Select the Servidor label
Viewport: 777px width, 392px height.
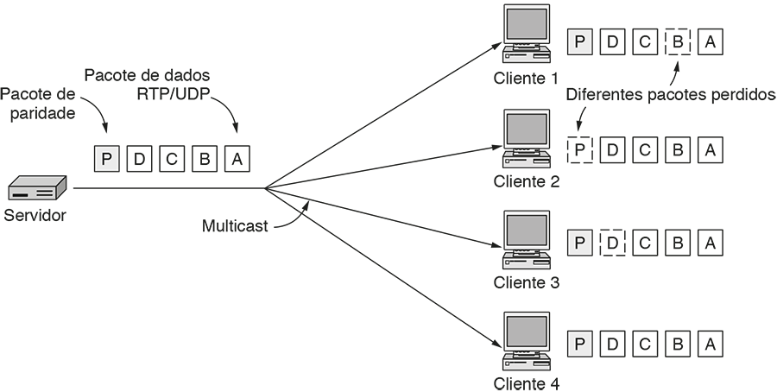click(x=35, y=215)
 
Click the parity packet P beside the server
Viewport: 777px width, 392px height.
click(x=106, y=158)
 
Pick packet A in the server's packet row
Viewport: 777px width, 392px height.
click(x=237, y=158)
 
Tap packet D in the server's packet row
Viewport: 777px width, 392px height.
click(x=139, y=158)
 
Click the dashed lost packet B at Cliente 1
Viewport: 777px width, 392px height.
click(x=678, y=41)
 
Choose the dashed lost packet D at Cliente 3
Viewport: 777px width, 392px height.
click(x=613, y=243)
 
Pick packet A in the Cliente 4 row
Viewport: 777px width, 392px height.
click(x=710, y=344)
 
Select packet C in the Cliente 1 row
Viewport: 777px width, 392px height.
click(x=645, y=41)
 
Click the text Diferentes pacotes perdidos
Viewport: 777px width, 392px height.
click(x=671, y=94)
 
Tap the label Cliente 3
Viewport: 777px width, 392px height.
click(x=527, y=282)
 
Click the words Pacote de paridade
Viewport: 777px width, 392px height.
click(x=38, y=103)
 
